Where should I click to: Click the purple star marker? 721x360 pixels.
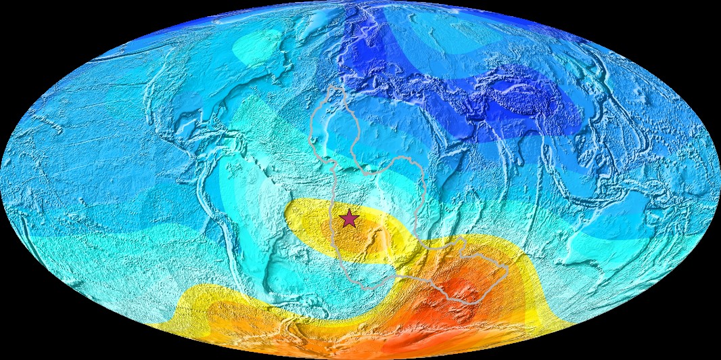coord(349,219)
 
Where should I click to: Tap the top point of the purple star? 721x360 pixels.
coord(349,210)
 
